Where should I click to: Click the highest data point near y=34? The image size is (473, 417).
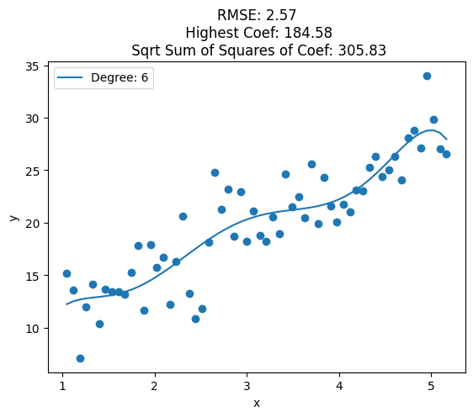tap(427, 76)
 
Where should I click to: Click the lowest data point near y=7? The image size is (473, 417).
tap(80, 358)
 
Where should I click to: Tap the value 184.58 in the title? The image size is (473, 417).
tap(308, 33)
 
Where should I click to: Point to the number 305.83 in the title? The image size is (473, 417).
tap(362, 50)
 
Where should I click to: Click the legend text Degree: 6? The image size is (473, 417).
tap(120, 77)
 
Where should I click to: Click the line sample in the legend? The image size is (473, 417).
tap(70, 77)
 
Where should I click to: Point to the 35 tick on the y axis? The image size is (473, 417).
tap(32, 66)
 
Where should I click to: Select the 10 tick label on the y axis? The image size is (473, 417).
tap(32, 329)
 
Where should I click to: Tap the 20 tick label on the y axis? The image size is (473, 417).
tap(32, 224)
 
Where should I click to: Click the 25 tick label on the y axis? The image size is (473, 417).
tap(32, 172)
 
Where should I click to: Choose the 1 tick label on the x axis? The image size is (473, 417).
tap(62, 386)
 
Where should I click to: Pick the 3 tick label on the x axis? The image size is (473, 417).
tap(247, 386)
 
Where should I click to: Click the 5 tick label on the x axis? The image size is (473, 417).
tap(432, 386)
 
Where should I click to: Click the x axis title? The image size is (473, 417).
tap(257, 404)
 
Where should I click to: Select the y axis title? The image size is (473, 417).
tap(13, 218)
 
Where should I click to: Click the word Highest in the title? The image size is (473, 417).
tap(213, 33)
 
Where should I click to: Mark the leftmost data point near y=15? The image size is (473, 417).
tap(66, 273)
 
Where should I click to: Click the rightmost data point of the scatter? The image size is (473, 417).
tap(446, 154)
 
